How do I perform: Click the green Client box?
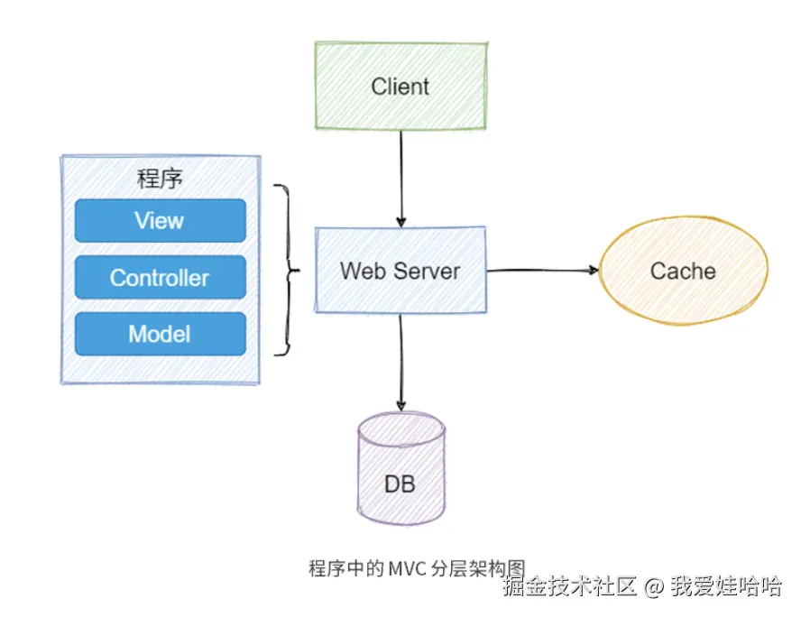coord(400,87)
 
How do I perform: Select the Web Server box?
coord(400,270)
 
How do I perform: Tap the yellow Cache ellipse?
coord(683,271)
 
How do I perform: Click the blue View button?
coord(160,220)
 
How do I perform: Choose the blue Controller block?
coord(160,277)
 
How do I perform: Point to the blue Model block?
coord(160,334)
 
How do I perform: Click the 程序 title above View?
coord(160,179)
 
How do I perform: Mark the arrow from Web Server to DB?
coord(400,361)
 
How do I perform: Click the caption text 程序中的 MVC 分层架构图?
coord(416,568)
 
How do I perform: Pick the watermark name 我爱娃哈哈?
coord(725,587)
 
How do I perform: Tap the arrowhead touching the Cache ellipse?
coord(594,270)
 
